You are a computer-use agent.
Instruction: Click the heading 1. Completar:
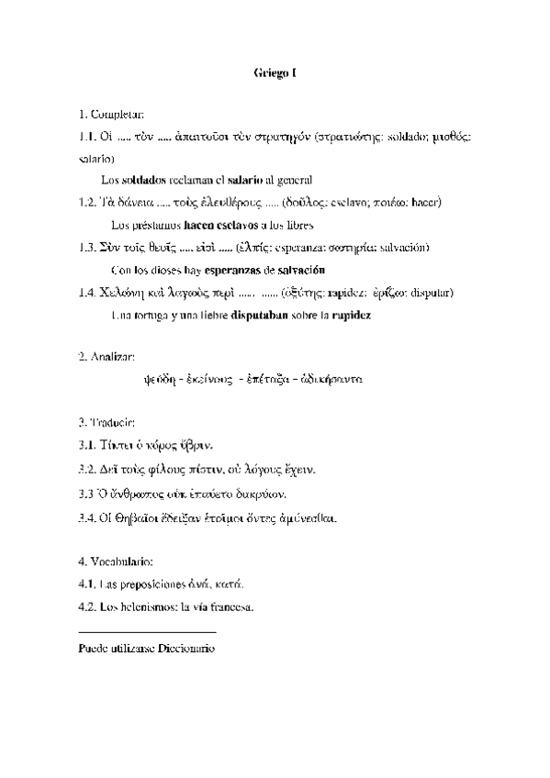point(112,114)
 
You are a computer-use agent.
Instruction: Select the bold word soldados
point(144,179)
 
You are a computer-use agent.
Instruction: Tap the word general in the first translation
point(294,179)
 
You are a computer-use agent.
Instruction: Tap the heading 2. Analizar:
point(107,355)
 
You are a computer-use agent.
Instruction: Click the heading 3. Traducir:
point(107,422)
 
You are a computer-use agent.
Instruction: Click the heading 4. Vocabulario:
point(116,560)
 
